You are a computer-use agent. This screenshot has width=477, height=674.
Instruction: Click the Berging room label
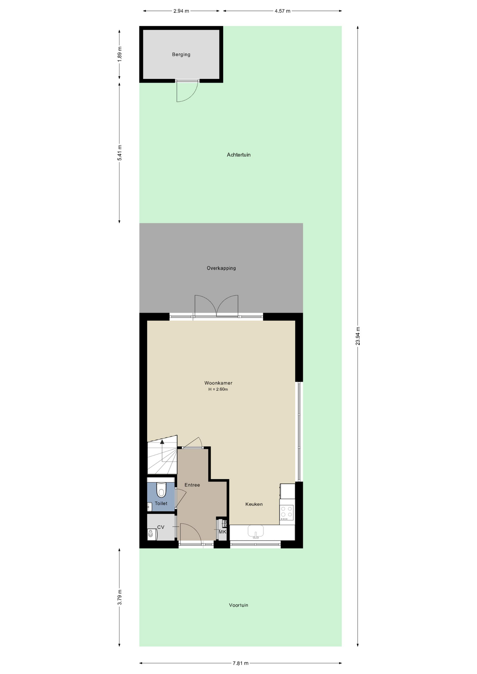(x=181, y=54)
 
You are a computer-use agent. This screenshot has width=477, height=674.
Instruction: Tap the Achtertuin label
(x=238, y=155)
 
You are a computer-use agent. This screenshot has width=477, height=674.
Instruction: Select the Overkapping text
(x=221, y=268)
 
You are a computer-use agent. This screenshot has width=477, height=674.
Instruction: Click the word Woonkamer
(x=218, y=383)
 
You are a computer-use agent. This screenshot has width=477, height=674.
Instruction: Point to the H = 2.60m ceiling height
(x=218, y=389)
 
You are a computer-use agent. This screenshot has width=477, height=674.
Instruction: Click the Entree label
(x=192, y=485)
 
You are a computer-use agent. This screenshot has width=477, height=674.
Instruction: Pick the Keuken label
(x=254, y=504)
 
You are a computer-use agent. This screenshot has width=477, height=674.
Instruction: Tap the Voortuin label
(x=238, y=605)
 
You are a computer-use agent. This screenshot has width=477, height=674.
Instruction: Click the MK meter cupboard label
(x=222, y=532)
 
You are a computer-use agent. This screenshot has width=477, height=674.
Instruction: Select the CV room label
(x=161, y=527)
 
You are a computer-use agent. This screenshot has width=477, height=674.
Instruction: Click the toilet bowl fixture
(x=161, y=490)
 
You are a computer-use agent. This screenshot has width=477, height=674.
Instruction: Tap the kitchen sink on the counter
(x=256, y=531)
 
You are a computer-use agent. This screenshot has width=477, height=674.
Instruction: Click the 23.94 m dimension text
(x=358, y=336)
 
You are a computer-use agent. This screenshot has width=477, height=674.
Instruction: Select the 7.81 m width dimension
(x=241, y=663)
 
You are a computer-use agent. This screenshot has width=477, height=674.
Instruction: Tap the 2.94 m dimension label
(x=181, y=11)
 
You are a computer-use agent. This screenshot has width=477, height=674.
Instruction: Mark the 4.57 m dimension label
(x=282, y=11)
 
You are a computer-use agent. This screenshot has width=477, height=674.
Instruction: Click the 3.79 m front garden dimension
(x=119, y=597)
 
